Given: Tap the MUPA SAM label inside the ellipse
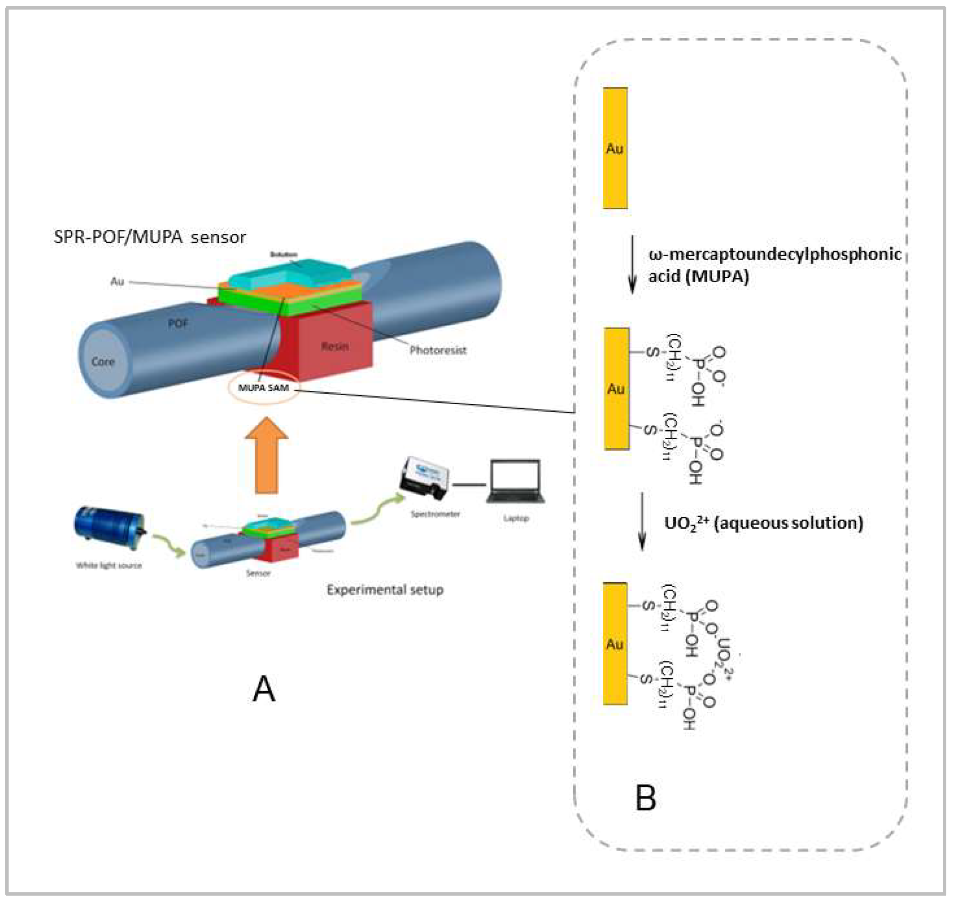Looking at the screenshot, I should [x=264, y=387].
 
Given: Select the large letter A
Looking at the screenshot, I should [x=264, y=690].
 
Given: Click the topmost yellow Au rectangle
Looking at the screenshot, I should [x=615, y=148].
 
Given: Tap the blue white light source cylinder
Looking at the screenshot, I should [x=109, y=527].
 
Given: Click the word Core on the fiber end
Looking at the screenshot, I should [x=103, y=362].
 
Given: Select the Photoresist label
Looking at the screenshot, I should [x=438, y=351].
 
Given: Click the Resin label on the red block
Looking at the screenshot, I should [x=335, y=346].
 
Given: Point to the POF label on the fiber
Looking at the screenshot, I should [x=178, y=324].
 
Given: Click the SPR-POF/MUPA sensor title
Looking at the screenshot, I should [x=149, y=237].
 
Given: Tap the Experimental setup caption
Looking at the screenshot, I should [x=385, y=589].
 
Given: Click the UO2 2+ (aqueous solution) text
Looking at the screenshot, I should [x=763, y=523].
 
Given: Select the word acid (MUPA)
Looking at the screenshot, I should [x=698, y=277].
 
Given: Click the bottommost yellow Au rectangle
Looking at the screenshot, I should [x=615, y=644].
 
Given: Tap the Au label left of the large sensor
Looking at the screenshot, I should [x=117, y=282].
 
